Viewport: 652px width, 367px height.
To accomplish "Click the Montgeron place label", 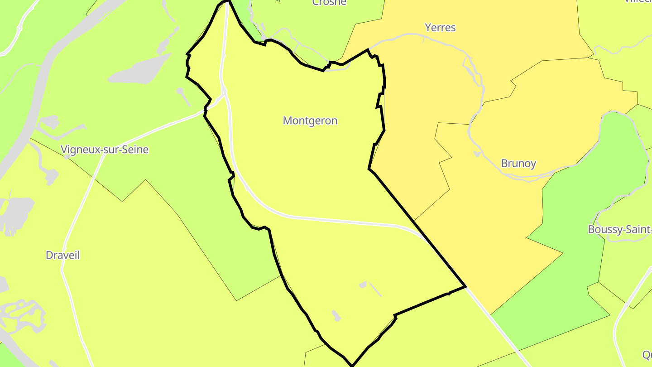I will point(310,121).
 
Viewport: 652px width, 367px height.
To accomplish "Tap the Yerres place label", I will point(440,28).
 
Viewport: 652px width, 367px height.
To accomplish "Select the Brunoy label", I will point(518,163).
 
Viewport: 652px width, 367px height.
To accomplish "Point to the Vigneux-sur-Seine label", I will point(105,149).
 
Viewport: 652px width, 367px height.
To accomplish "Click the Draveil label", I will point(63,255).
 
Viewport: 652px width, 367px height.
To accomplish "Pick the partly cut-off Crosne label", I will point(329,2).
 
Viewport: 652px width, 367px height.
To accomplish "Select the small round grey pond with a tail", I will point(180,91).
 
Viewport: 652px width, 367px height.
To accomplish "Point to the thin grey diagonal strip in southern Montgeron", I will point(375,290).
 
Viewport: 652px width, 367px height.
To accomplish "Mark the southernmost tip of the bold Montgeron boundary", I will point(352,365).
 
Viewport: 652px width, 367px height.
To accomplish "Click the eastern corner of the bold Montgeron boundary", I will point(465,286).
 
